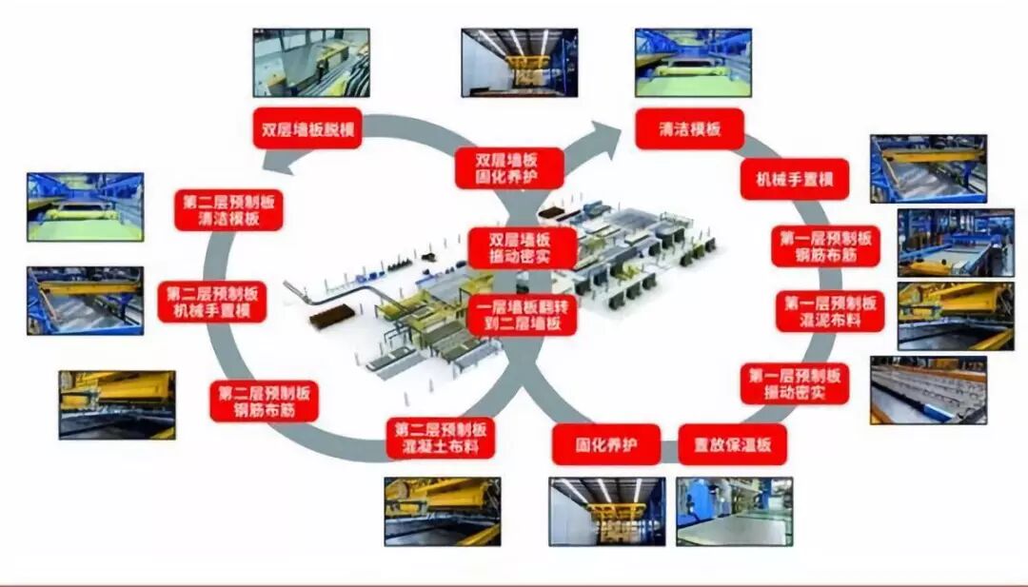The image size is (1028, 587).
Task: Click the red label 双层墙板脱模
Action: pyautogui.click(x=306, y=127)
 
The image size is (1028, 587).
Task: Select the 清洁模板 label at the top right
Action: pyautogui.click(x=689, y=128)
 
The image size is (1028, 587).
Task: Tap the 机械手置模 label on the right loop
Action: pyautogui.click(x=794, y=178)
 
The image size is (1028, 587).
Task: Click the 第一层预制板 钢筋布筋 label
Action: pyautogui.click(x=825, y=245)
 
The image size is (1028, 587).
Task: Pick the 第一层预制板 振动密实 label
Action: pyautogui.click(x=794, y=382)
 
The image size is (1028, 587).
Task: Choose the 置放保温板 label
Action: pyautogui.click(x=732, y=443)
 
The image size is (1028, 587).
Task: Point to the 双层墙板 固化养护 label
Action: pyautogui.click(x=507, y=168)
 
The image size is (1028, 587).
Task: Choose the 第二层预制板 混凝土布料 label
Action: pyautogui.click(x=441, y=437)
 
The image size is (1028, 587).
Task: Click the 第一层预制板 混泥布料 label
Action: pyautogui.click(x=830, y=311)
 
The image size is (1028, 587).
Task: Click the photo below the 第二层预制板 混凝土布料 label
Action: pyautogui.click(x=442, y=511)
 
